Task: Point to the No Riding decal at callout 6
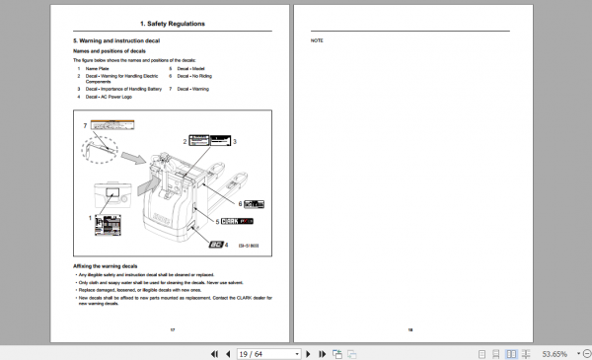pyautogui.click(x=254, y=203)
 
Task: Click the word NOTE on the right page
pyautogui.click(x=317, y=40)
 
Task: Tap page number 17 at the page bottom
pyautogui.click(x=173, y=329)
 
